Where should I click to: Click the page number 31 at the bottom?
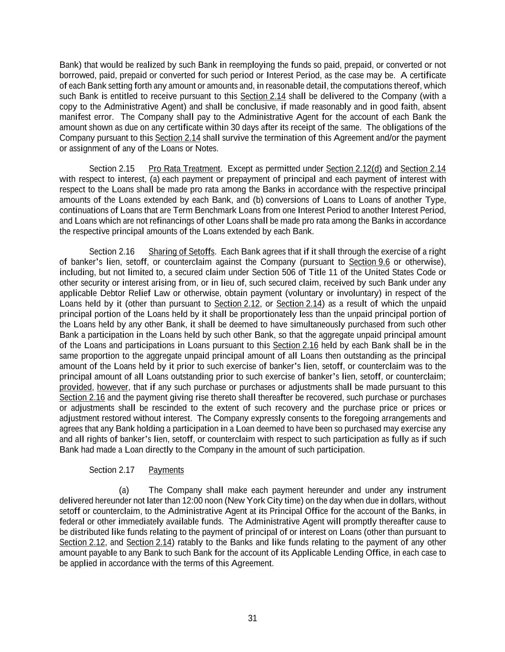tap(252, 618)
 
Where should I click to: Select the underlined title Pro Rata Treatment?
tap(184, 169)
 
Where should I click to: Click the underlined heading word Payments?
tap(166, 470)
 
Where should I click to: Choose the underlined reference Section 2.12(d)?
tap(354, 169)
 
